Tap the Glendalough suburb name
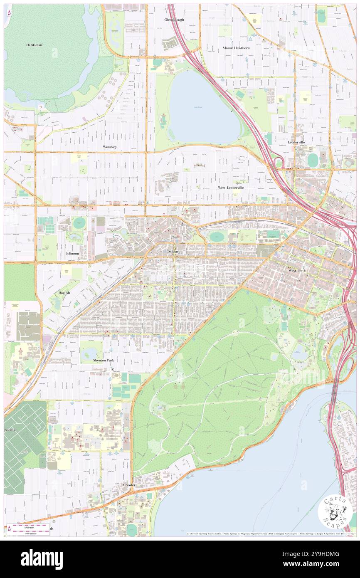(174, 20)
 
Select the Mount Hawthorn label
(236, 48)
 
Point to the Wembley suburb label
(110, 147)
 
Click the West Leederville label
(231, 188)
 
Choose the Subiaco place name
(174, 252)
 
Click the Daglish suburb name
(64, 293)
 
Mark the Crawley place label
(129, 485)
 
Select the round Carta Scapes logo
(335, 510)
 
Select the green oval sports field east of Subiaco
(217, 237)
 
